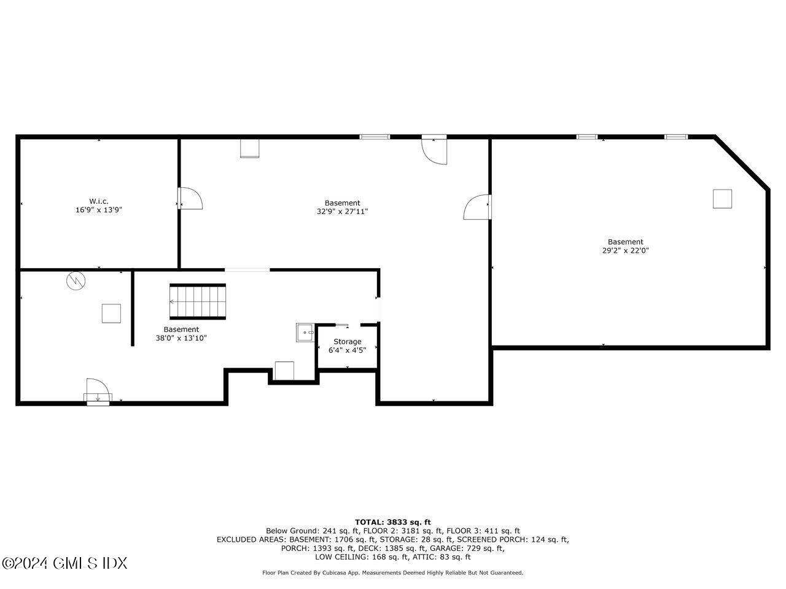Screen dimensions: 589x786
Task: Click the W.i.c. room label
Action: [x=99, y=201]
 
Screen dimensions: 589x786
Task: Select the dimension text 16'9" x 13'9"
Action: [x=99, y=210]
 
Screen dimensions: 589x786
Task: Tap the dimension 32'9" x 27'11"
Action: [x=342, y=212]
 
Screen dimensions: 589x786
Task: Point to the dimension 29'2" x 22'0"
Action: [x=625, y=250]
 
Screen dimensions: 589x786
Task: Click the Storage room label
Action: [x=347, y=342]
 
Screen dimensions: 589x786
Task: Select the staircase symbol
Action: [x=198, y=301]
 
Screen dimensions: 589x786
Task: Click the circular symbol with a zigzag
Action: [x=76, y=281]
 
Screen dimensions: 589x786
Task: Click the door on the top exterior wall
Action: [x=435, y=150]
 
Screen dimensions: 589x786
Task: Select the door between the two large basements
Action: [x=478, y=207]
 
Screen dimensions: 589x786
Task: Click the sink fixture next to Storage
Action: [x=305, y=332]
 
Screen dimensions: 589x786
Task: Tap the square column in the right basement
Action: [x=722, y=199]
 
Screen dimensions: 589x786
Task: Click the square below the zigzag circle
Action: [x=111, y=314]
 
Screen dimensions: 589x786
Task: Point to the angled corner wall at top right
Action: [x=742, y=163]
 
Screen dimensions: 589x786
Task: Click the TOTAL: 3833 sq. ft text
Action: [x=392, y=522]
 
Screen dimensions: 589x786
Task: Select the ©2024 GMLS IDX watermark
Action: [x=64, y=563]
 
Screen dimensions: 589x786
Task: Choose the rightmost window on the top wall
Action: [x=676, y=137]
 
